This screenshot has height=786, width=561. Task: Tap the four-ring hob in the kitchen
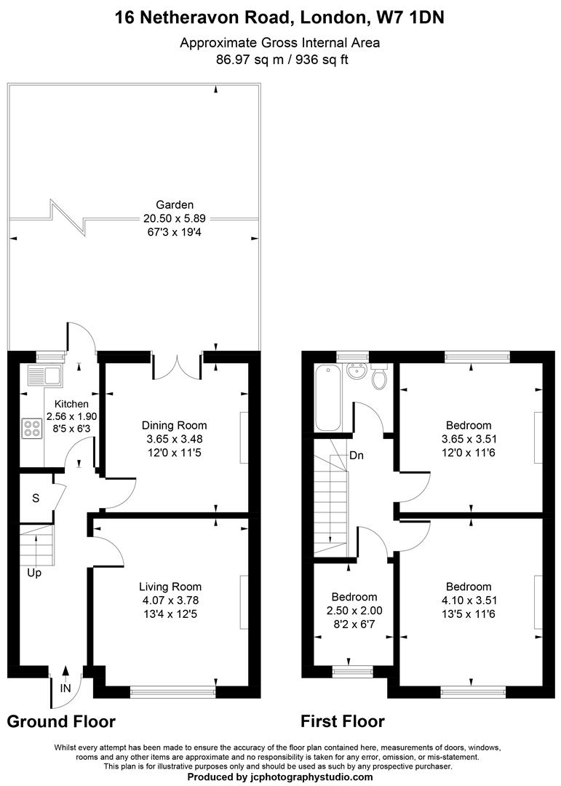pos(31,429)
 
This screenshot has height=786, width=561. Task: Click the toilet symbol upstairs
pos(380,377)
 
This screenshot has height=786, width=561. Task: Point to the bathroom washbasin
pos(357,372)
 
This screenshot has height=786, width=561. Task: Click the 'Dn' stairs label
pos(357,456)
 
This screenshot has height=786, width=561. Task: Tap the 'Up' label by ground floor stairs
pos(34,573)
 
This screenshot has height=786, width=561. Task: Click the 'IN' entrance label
pos(65,688)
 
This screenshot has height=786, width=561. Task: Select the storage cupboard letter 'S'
pos(36,499)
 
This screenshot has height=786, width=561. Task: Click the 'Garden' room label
pos(175,205)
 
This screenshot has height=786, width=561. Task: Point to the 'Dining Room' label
pos(174,426)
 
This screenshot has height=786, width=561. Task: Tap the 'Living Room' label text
pos(170,587)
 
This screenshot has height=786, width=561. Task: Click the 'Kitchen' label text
pos(71,404)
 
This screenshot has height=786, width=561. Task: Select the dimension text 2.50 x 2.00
pos(354,611)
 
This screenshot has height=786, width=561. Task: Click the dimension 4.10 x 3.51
pos(469,600)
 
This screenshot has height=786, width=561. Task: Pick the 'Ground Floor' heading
pos(61,721)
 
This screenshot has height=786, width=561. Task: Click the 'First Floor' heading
pos(343,721)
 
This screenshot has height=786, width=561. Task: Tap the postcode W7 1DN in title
pos(410,17)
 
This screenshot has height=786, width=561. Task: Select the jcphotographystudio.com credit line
pos(280,777)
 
